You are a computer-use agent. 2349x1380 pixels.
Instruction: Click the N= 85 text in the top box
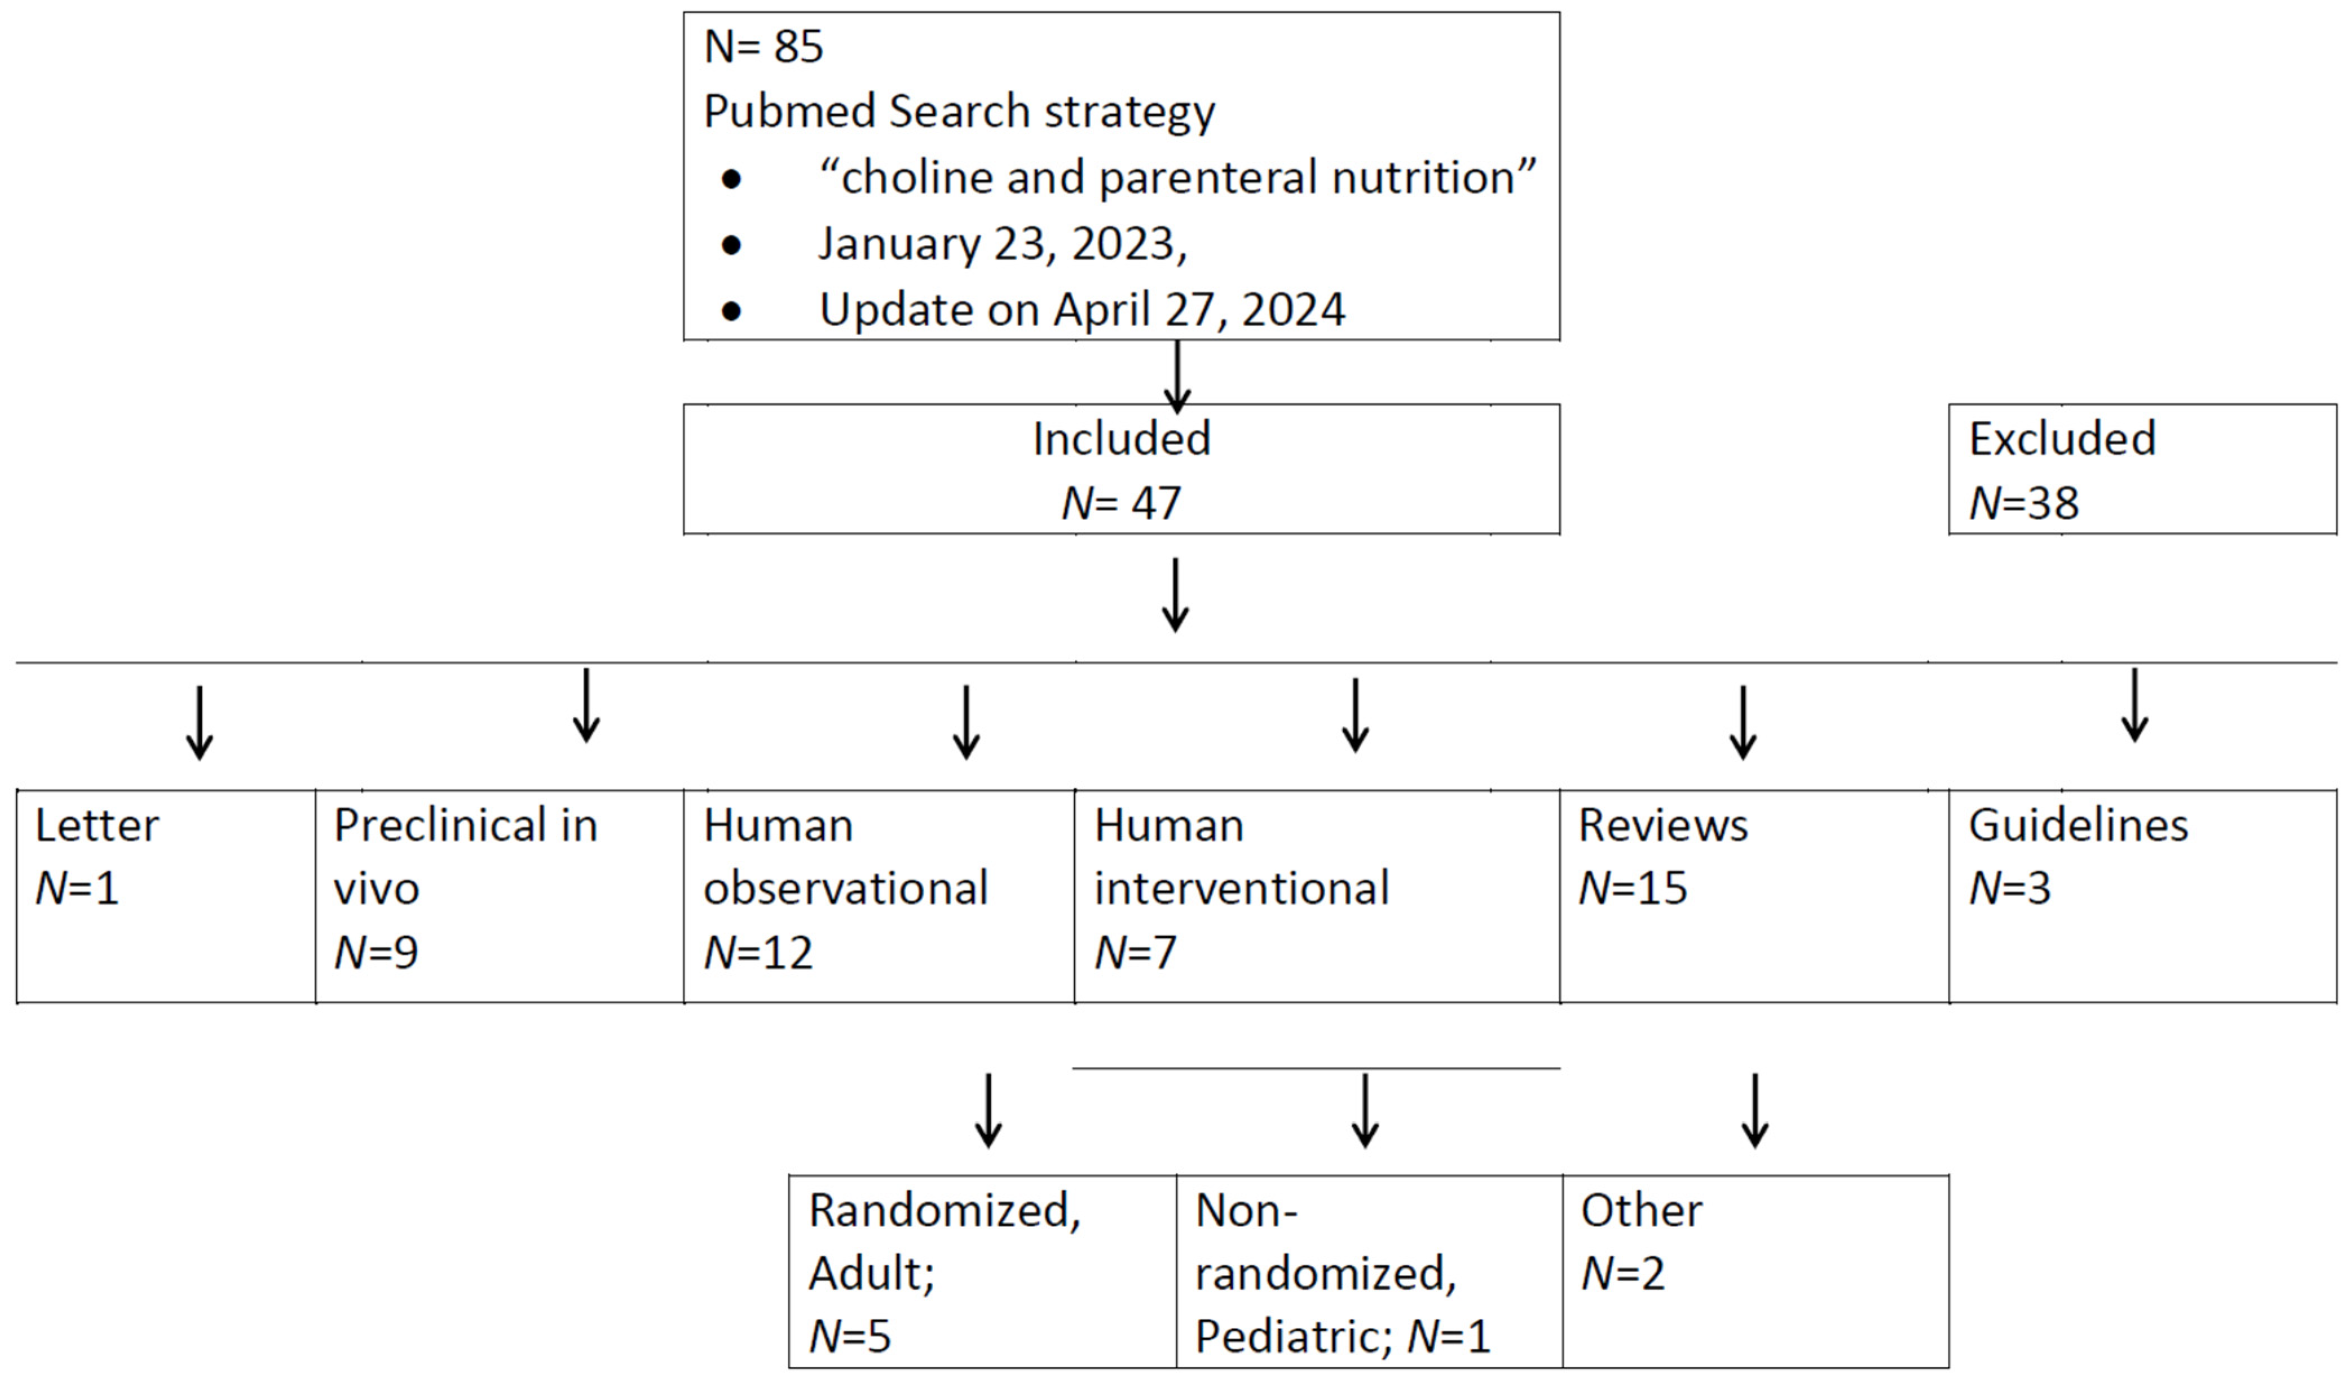(763, 47)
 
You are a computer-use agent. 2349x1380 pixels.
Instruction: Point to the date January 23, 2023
(1002, 244)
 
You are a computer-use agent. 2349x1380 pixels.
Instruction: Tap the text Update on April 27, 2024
(1081, 309)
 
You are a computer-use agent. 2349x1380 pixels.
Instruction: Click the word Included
(1121, 438)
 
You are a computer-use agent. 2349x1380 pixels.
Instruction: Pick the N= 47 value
(1121, 503)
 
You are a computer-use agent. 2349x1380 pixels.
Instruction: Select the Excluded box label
(2062, 438)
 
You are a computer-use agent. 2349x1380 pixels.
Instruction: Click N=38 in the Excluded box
(2023, 503)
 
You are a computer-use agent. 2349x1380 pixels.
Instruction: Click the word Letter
(97, 825)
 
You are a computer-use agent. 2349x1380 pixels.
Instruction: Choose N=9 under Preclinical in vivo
(375, 953)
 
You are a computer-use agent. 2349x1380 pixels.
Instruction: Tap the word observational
(844, 888)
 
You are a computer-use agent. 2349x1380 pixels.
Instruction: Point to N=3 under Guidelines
(2009, 888)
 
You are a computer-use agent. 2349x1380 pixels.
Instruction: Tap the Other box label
(1641, 1210)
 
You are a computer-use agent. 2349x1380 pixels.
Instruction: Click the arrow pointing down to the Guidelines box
(2134, 706)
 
